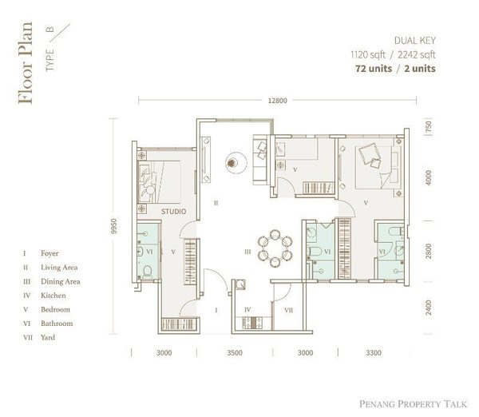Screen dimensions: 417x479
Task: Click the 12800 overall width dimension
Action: click(277, 100)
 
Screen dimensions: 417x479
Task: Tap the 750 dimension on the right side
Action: click(429, 127)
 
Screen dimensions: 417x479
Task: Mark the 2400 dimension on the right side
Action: click(429, 308)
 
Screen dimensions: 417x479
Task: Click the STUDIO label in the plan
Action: click(173, 212)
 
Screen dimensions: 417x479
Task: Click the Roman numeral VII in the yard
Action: click(288, 309)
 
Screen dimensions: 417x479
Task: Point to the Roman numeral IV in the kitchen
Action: click(247, 309)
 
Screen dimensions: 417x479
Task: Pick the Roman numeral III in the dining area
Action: click(247, 252)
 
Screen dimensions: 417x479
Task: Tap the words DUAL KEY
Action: click(416, 41)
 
